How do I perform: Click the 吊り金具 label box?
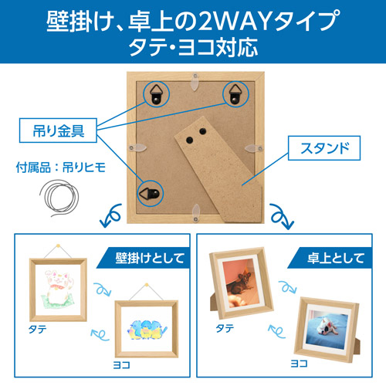(x=58, y=130)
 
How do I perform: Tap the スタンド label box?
(x=324, y=148)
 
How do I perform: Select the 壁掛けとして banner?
(x=143, y=258)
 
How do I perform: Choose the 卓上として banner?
(x=330, y=258)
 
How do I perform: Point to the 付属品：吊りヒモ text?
(x=61, y=168)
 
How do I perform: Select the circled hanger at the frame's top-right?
(x=235, y=93)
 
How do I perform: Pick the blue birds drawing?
(x=147, y=330)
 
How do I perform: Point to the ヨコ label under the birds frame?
(x=122, y=365)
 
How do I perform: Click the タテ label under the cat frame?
(x=37, y=329)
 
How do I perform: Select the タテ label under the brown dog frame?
(x=225, y=328)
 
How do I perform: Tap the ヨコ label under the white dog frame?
(x=300, y=364)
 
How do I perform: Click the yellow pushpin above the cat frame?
(x=59, y=245)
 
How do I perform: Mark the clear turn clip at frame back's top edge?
(x=195, y=82)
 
